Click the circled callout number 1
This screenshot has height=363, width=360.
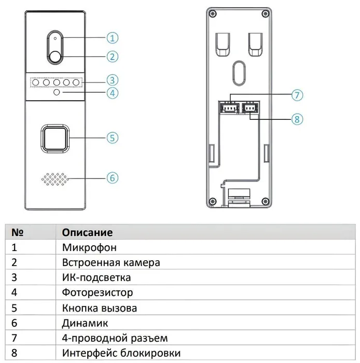[x=112, y=38]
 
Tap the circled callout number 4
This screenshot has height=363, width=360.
[x=112, y=93]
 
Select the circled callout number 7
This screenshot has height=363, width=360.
[x=297, y=95]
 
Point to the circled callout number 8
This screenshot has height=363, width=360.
[x=297, y=119]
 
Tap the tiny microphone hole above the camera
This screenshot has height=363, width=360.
[x=55, y=38]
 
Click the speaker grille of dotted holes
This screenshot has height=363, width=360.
[x=55, y=179]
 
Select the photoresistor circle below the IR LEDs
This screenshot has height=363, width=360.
[x=57, y=92]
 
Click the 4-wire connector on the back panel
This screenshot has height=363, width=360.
[x=229, y=107]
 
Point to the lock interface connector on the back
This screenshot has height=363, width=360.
[x=250, y=107]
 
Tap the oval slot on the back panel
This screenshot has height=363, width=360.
[x=239, y=73]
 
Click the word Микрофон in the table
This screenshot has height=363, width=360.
[x=89, y=247]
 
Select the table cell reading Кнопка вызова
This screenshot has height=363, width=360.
[x=100, y=308]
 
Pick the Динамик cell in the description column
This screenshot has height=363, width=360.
[x=85, y=323]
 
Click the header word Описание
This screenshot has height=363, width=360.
[x=87, y=232]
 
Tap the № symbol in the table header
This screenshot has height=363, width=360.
[x=17, y=232]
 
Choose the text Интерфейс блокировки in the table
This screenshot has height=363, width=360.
[x=121, y=353]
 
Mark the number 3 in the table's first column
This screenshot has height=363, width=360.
[x=14, y=277]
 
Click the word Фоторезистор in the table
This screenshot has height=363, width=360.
[x=97, y=292]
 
